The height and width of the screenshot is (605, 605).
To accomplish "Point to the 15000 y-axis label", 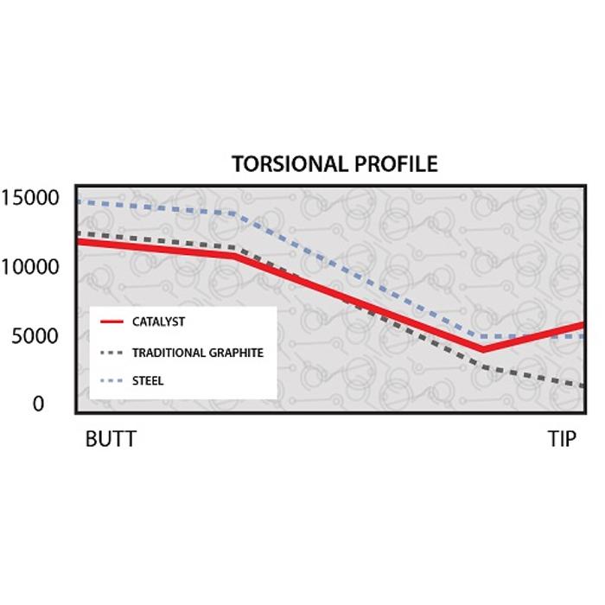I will point(30,198).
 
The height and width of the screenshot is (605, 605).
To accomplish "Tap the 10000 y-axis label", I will point(30,266).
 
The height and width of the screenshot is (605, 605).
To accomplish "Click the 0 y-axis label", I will point(38,404).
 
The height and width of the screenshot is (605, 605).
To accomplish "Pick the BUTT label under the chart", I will point(110,439).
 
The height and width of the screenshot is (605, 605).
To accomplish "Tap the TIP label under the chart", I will point(561,439).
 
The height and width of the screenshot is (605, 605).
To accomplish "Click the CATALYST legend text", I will point(158,322).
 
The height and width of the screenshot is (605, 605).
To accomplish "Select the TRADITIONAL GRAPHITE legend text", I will point(197,353).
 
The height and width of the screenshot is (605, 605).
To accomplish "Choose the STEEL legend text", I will point(148,380).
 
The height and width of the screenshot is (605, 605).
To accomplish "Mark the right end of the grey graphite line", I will point(583,385).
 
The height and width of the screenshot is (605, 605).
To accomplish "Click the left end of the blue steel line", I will point(78,201).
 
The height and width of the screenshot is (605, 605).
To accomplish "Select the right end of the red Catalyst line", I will point(583,325).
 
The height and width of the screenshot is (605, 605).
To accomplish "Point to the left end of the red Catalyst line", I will point(78,240).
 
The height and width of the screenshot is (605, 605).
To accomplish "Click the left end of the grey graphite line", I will point(78,232).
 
